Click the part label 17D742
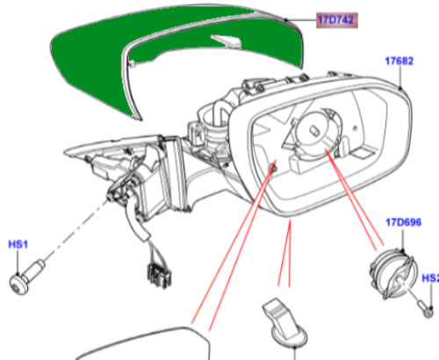coord(336,20)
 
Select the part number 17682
coord(399,61)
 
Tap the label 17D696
coord(404,222)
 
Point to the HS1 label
coord(18,244)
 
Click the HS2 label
coord(430,278)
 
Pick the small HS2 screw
coord(425,309)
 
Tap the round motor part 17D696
coord(392,274)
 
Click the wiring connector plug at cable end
coord(159,275)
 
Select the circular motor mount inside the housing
coord(318,132)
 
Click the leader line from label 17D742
coord(301,20)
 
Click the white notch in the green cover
coord(227,41)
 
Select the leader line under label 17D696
coord(403,239)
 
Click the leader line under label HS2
coord(431,295)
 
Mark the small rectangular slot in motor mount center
coord(314,130)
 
